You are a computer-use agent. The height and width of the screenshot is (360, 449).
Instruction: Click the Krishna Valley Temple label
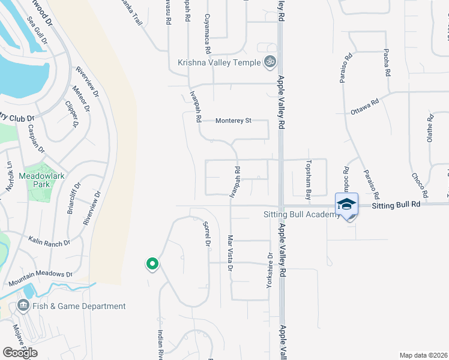(x=219, y=62)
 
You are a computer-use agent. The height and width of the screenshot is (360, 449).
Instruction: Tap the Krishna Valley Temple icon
(x=270, y=62)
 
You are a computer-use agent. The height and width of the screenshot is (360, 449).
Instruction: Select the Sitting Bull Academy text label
(x=301, y=215)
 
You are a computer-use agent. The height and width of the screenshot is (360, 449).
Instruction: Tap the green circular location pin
(x=152, y=263)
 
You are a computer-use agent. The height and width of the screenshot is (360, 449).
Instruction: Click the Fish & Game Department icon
(x=23, y=306)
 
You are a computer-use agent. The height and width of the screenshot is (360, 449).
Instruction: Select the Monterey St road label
(x=233, y=121)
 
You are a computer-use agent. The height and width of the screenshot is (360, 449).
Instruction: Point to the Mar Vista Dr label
(x=229, y=253)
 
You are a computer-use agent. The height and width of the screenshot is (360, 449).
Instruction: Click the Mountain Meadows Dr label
(x=40, y=278)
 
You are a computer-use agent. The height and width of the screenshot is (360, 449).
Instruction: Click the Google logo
(x=20, y=352)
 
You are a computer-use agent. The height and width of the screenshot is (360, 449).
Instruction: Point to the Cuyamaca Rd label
(x=208, y=28)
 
